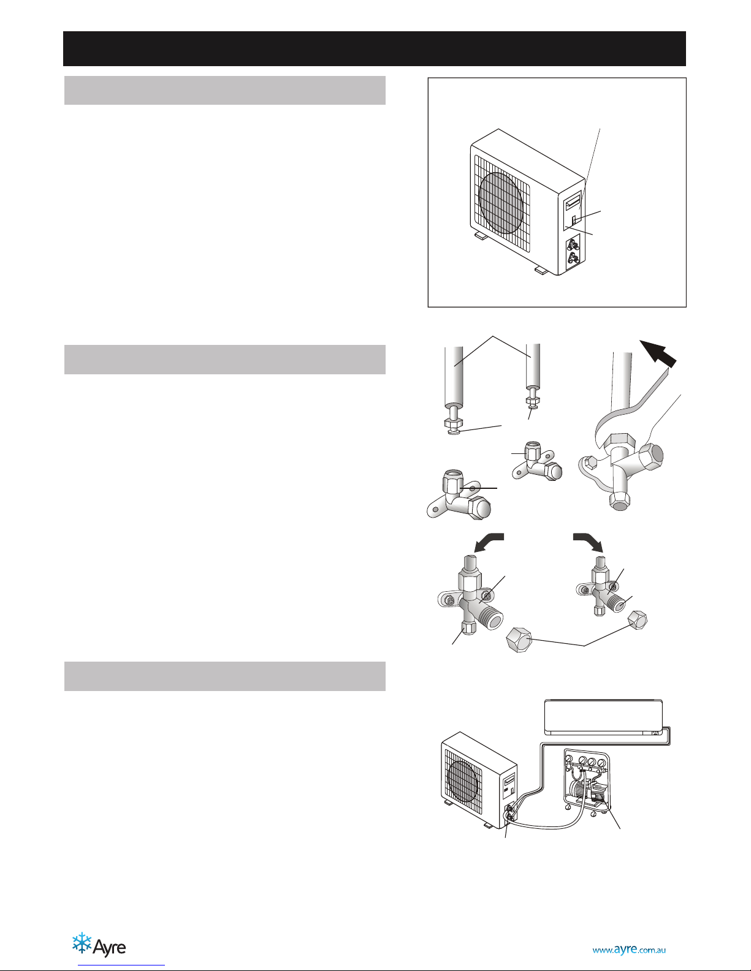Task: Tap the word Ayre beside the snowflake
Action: coord(109,947)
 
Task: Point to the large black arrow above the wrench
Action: coord(658,354)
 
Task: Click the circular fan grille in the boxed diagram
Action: coord(501,203)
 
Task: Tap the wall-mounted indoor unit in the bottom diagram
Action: coord(603,717)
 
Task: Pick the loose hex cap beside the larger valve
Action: coord(519,640)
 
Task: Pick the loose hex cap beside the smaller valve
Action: coord(638,620)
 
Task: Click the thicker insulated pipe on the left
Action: coord(454,376)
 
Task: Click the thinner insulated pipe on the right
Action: coord(533,366)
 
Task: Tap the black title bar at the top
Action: coord(375,49)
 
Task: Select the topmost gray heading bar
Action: coord(225,90)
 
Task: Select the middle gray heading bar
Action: coord(225,359)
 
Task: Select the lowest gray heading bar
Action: coord(225,676)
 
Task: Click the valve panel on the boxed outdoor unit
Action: coord(573,252)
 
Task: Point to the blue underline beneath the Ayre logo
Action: coord(121,965)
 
